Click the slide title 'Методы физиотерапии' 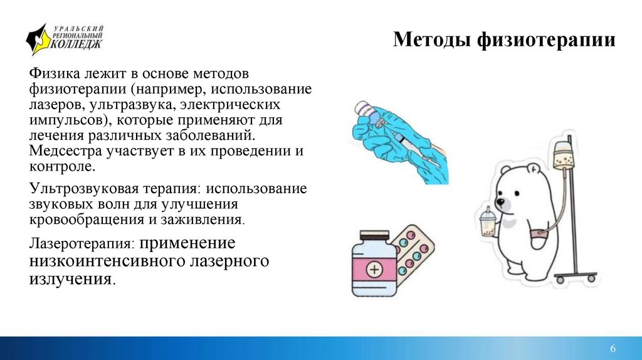click(505, 41)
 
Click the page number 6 click(613, 349)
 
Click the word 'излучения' click(70, 279)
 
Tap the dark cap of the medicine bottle click(375, 236)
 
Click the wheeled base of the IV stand click(571, 277)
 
